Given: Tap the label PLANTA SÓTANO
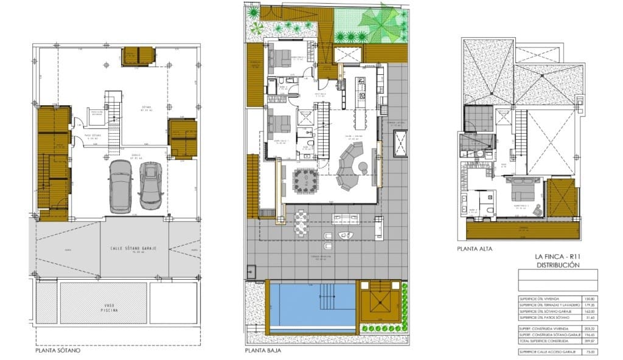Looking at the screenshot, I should pos(58,351).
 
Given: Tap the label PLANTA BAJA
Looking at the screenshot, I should pos(263,351).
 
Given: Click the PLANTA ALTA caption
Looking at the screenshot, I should pos(474,249).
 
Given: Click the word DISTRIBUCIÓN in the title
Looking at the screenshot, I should pos(557,266).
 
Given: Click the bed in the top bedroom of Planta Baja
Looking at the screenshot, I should pos(279,58).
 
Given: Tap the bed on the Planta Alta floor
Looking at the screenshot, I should pos(521,193).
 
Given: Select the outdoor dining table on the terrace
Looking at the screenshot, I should pos(302,223).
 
